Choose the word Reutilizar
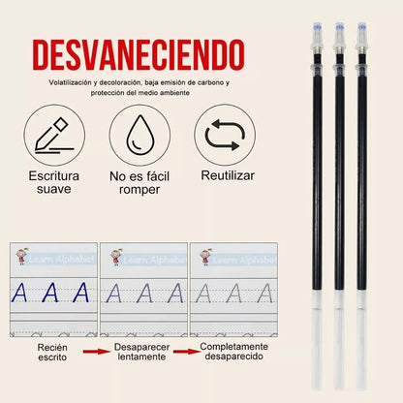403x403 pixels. point(228,176)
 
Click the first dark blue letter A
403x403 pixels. point(20,293)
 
